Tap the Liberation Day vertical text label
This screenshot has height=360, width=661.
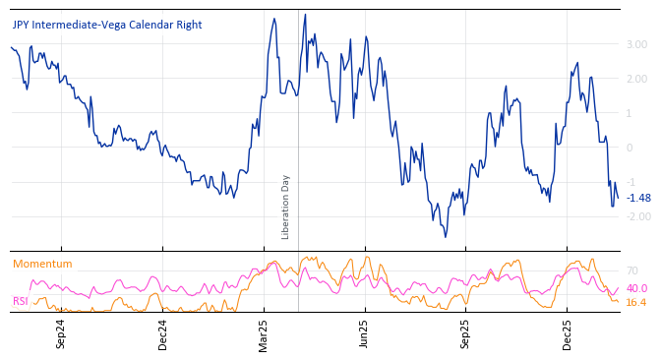286,207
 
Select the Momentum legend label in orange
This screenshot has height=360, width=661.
42,265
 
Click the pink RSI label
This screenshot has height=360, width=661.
21,301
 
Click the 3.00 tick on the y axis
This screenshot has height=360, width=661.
636,44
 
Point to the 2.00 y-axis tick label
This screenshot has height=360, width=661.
636,79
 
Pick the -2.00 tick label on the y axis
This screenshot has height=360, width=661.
636,216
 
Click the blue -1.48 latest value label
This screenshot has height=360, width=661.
638,198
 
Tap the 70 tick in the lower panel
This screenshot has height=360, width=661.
631,270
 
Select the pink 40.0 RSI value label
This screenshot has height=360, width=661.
636,288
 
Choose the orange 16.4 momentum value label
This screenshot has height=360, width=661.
636,302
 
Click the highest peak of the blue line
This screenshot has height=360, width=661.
305,15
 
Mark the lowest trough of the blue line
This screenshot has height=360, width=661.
445,237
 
